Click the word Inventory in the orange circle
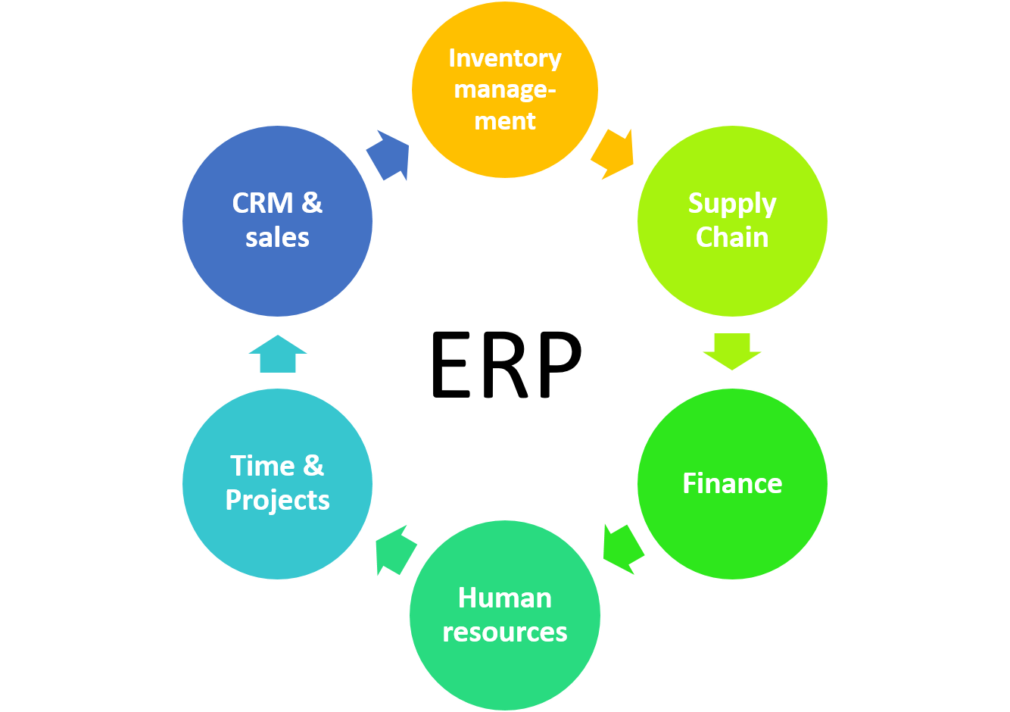click(x=505, y=58)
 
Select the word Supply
click(x=732, y=204)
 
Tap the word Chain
click(x=732, y=238)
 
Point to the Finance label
click(x=732, y=483)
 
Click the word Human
click(x=505, y=598)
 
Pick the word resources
click(x=505, y=632)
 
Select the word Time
click(x=262, y=466)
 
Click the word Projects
click(x=278, y=500)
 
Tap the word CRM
click(x=262, y=203)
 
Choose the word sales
click(x=278, y=238)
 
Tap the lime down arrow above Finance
click(x=732, y=351)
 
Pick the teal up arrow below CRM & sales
click(x=278, y=354)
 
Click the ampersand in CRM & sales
click(x=312, y=203)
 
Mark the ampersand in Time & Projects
click(x=313, y=466)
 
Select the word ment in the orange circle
click(x=505, y=121)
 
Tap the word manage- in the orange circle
click(x=505, y=90)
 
